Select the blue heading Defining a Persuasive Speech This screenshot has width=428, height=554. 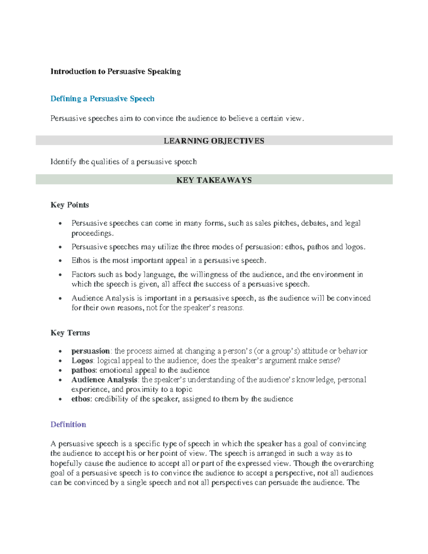[x=102, y=99]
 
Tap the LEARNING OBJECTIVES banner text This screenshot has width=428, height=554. [x=214, y=141]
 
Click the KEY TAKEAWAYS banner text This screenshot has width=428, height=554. [x=214, y=180]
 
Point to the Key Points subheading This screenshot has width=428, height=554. [x=70, y=205]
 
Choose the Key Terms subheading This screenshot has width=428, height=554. [x=70, y=333]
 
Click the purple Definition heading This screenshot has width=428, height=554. [x=68, y=425]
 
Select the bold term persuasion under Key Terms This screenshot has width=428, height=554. [x=91, y=351]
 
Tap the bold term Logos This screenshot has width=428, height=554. [x=82, y=361]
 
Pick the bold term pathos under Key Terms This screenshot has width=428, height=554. [x=84, y=370]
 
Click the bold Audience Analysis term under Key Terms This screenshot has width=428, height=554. [x=104, y=380]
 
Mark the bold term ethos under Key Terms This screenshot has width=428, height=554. [x=81, y=399]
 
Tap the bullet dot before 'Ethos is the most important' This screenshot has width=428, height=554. [x=60, y=261]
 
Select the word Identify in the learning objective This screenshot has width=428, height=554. [x=63, y=162]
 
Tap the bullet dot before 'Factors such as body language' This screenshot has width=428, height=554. [x=60, y=275]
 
